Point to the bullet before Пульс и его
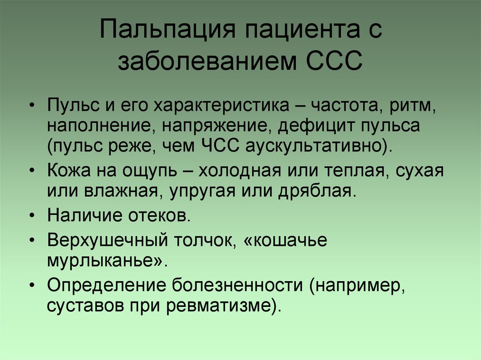pos(32,104)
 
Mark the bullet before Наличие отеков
pos(32,217)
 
